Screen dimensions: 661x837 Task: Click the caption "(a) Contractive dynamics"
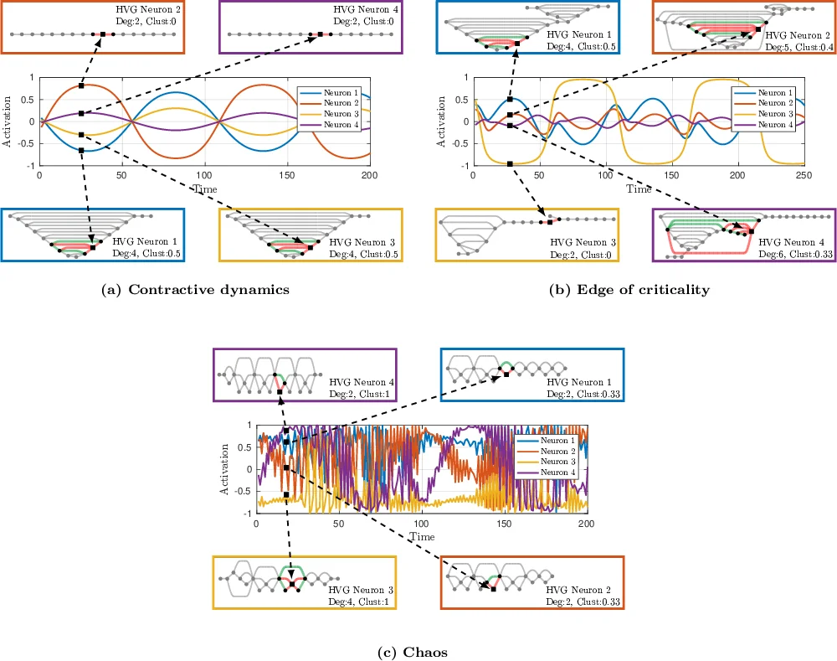tap(194, 290)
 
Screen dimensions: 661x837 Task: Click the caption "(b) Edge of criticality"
tap(629, 290)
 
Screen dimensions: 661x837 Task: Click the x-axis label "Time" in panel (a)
tap(205, 189)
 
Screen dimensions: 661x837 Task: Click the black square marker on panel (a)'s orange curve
tap(81, 86)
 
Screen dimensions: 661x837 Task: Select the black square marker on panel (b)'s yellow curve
tap(509, 163)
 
